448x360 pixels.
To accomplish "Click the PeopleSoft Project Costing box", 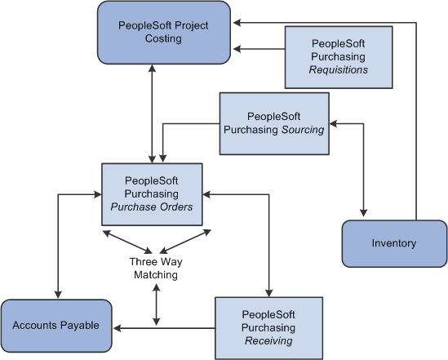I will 163,33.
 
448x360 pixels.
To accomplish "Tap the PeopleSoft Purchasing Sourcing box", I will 273,122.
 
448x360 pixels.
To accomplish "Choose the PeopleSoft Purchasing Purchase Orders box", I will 152,193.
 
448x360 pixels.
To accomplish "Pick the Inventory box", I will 393,243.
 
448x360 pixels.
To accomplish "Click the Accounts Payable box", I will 56,326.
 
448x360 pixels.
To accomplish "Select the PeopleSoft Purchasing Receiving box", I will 268,327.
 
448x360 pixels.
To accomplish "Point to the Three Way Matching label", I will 153,269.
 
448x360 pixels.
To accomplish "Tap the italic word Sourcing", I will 304,130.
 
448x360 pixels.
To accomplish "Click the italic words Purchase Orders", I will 153,207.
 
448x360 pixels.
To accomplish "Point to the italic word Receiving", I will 268,341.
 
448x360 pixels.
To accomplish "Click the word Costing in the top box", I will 163,39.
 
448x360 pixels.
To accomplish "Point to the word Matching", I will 153,275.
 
